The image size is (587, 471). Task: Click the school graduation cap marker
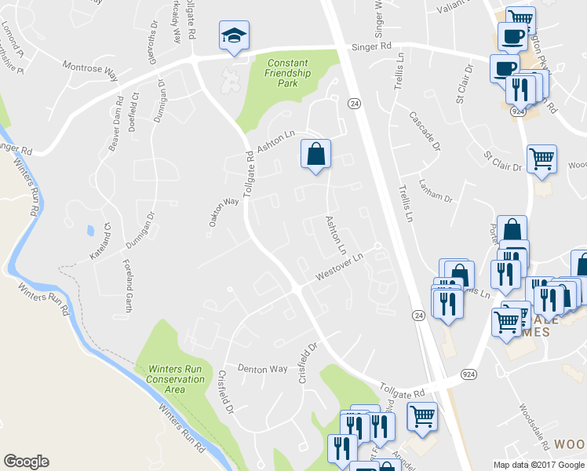coord(234,35)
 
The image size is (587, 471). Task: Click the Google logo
coord(26,462)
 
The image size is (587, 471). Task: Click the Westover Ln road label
coord(340,268)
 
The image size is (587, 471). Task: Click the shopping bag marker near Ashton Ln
coord(315,154)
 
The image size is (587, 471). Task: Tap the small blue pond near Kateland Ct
coord(91,232)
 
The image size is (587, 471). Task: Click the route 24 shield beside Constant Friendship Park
coord(355,103)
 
